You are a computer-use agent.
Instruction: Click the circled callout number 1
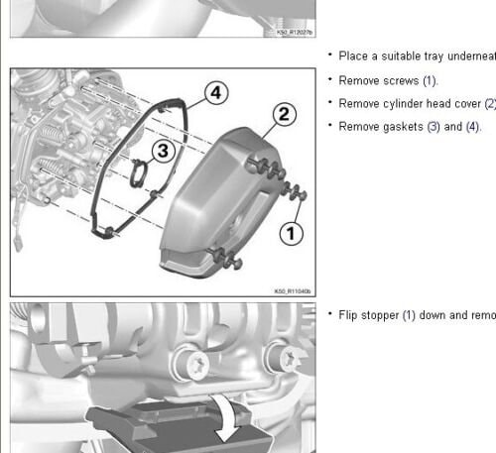[289, 235]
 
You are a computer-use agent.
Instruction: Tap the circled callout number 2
[284, 115]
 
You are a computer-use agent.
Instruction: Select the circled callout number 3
[166, 150]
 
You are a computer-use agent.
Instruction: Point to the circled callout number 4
[217, 93]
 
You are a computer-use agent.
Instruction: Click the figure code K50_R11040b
[293, 291]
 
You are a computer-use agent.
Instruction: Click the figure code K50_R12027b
[293, 33]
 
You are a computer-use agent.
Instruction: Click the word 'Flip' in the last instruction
[349, 315]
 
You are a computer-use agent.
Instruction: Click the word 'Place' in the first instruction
[353, 57]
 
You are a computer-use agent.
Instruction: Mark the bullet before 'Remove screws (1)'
[330, 79]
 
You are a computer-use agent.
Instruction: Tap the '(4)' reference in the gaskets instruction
[472, 127]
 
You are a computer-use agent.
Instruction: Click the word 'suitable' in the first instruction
[405, 57]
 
